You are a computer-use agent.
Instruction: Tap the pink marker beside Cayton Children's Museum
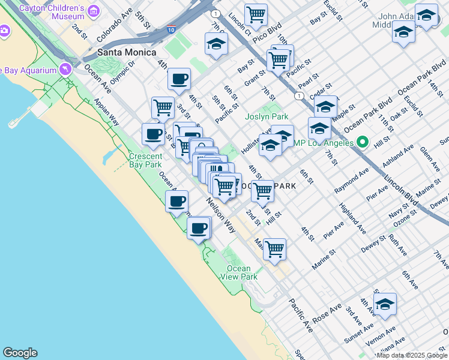pos(93,11)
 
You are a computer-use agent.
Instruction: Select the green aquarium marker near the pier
pos(64,70)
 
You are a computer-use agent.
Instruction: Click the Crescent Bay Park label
pos(145,160)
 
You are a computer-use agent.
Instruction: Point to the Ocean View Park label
pos(243,272)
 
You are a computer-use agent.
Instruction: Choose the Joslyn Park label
pos(267,117)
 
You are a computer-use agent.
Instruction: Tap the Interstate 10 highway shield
pos(172,28)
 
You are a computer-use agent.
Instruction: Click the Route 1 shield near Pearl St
pos(298,95)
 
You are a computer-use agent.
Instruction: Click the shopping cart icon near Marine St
pos(274,248)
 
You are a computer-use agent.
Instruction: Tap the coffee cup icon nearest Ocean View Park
pos(199,227)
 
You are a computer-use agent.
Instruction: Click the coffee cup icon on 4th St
pos(178,79)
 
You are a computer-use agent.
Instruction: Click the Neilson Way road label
pos(221,216)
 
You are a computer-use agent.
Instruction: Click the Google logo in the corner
pos(20,353)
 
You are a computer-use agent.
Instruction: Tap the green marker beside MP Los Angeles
pos(361,143)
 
